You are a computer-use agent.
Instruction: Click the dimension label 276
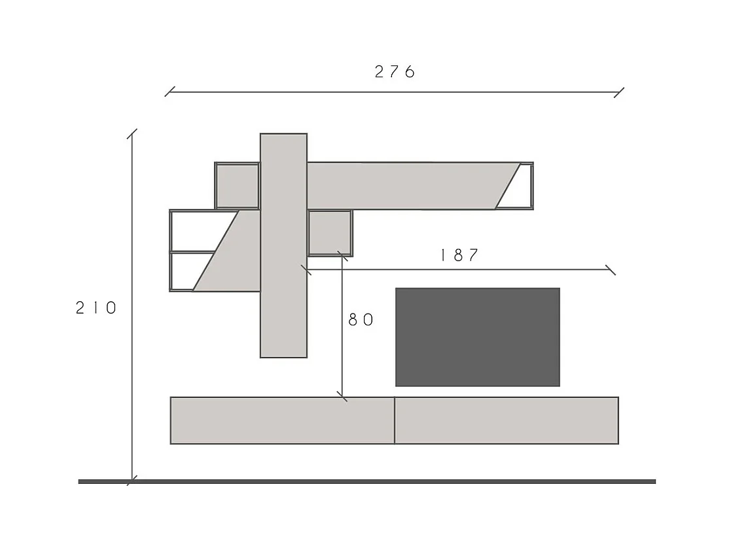click(x=395, y=72)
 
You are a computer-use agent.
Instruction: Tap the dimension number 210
click(x=96, y=308)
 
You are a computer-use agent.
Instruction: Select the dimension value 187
click(x=459, y=255)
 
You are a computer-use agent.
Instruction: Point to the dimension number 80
click(x=361, y=320)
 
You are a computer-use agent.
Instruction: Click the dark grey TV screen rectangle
click(x=477, y=337)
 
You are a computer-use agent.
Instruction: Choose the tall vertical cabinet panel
click(x=283, y=246)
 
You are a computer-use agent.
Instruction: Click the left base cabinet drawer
click(x=282, y=421)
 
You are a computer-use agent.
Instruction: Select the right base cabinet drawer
click(x=507, y=421)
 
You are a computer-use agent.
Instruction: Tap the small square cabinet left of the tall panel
click(x=237, y=186)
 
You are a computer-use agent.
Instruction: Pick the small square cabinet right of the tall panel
click(x=330, y=233)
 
